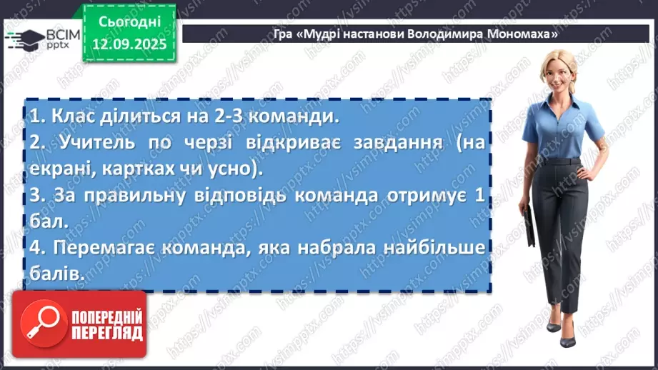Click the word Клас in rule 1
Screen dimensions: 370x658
66,116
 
